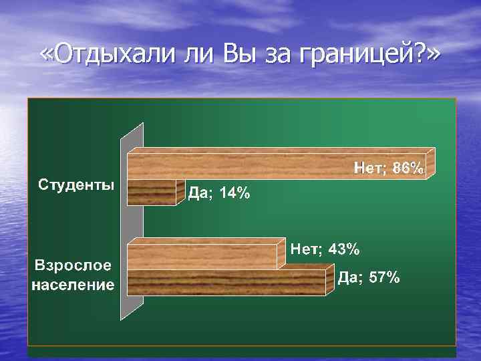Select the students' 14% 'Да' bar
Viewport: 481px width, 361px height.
[152, 193]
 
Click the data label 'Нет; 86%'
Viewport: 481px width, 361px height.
[388, 169]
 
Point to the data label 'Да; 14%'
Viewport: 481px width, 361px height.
[218, 194]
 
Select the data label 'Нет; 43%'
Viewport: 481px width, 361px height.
[325, 250]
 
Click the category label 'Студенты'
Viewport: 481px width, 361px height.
[75, 184]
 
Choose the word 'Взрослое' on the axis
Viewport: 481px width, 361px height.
[73, 265]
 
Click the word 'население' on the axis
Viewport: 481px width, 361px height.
[73, 285]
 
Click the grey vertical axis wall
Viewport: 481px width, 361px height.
[131, 221]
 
